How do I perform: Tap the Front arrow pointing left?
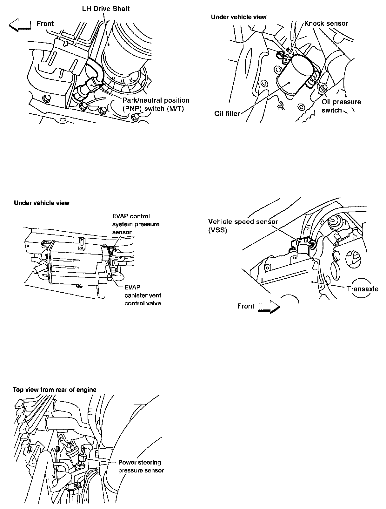click(20, 25)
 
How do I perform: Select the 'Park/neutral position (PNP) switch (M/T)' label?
click(156, 104)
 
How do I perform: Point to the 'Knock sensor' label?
click(326, 23)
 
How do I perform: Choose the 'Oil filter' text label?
click(227, 113)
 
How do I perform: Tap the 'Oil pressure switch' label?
click(341, 106)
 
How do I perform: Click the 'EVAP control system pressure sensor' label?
click(136, 224)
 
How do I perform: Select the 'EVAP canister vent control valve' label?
click(143, 295)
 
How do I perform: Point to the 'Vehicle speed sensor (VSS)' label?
click(243, 226)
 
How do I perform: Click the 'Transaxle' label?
click(362, 289)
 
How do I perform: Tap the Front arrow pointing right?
click(268, 307)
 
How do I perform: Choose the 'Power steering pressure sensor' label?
click(141, 466)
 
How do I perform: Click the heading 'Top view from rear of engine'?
click(54, 390)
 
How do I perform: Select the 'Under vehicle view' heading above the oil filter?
click(239, 17)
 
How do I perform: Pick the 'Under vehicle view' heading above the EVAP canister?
click(42, 203)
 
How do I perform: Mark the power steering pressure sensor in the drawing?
click(83, 458)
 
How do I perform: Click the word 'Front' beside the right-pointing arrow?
click(245, 306)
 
